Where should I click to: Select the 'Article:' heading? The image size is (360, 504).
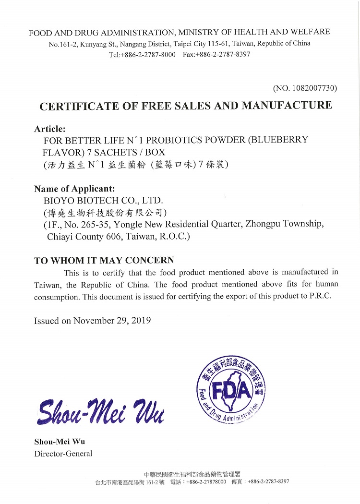tap(49, 129)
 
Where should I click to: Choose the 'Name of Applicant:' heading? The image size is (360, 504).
tap(74, 188)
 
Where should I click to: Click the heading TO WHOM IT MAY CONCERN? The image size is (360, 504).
tap(104, 261)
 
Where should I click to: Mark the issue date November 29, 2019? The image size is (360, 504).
tap(112, 320)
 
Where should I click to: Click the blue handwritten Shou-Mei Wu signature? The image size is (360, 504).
tap(100, 412)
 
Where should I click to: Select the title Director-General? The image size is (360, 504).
tap(63, 454)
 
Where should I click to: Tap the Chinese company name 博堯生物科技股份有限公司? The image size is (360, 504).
tap(105, 212)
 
